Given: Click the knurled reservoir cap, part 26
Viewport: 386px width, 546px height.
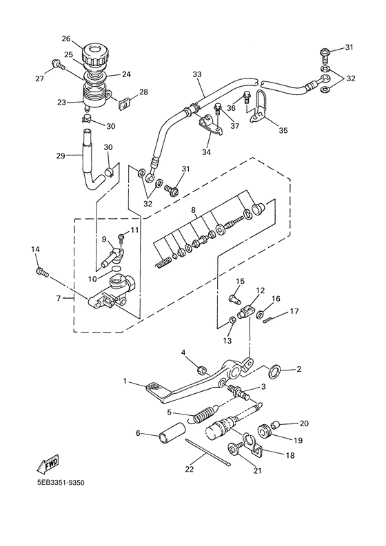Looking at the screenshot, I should coord(96,53).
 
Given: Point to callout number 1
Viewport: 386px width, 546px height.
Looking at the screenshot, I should coord(125,381).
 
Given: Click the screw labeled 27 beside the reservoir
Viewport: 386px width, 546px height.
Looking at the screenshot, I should coord(55,67).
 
